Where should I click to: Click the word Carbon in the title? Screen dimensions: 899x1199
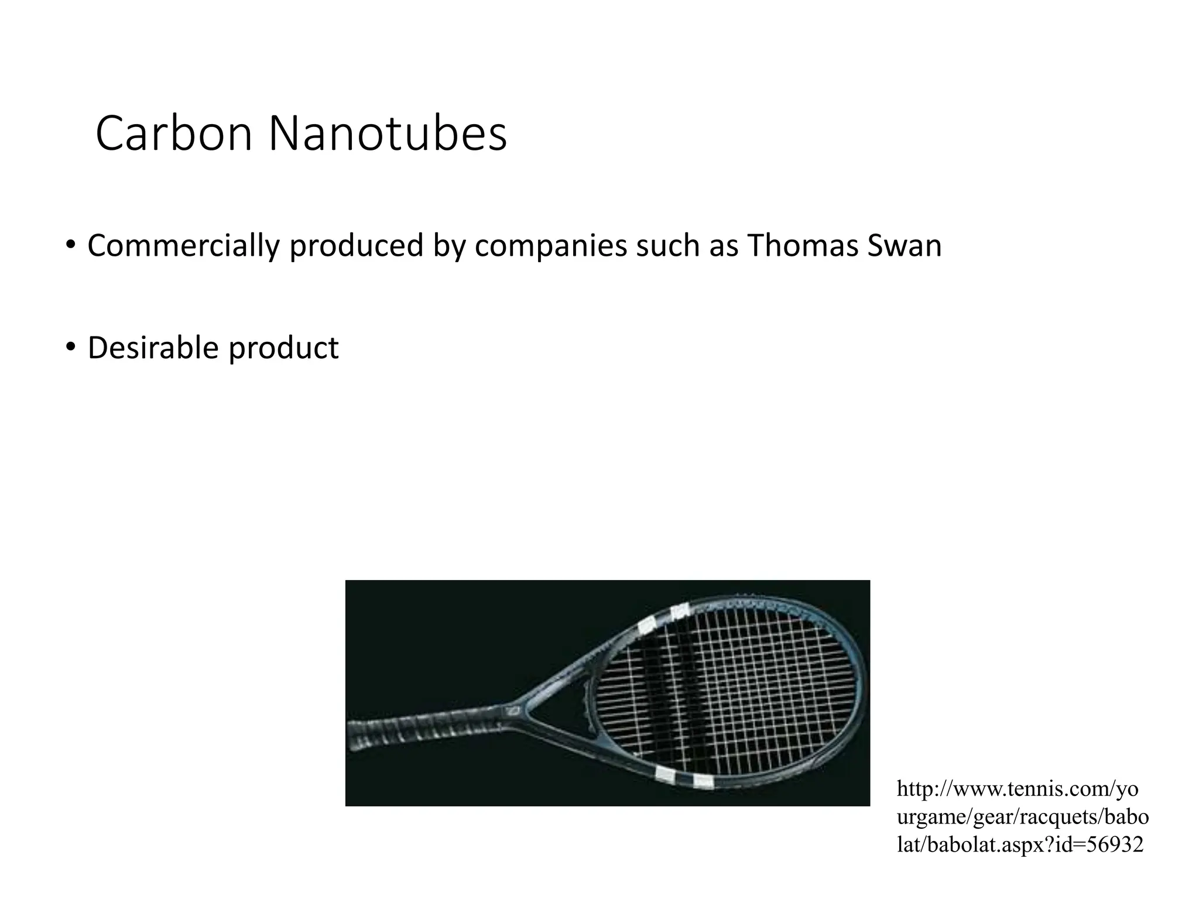[x=173, y=135]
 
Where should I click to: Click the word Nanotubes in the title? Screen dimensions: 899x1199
[x=388, y=135]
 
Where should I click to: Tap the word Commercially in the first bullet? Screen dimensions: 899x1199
[x=183, y=246]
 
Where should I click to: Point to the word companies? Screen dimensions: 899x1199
[x=550, y=246]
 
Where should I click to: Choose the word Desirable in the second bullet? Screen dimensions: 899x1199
[x=153, y=348]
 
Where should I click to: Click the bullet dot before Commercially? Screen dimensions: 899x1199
[x=70, y=245]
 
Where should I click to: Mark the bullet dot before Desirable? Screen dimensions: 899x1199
[x=70, y=347]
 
